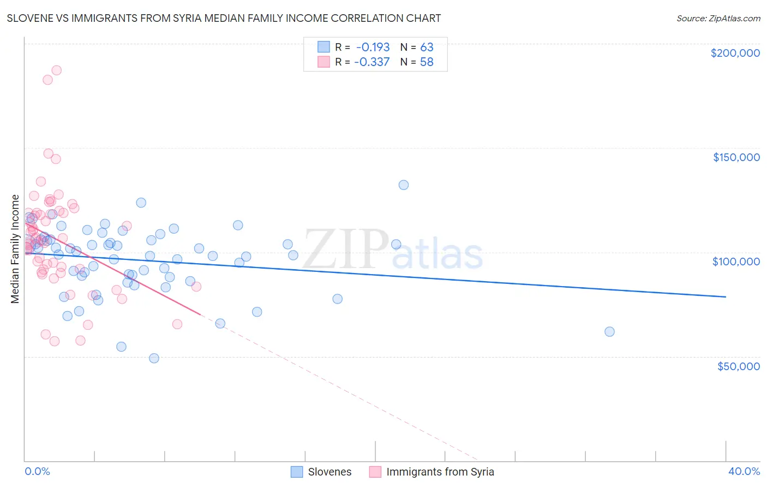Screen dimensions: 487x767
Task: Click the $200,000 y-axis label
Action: [735, 53]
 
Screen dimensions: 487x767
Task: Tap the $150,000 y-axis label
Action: [736, 157]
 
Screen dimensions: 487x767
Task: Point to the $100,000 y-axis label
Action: [736, 262]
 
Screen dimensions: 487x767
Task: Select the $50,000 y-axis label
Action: [738, 366]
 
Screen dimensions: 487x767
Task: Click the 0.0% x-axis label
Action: [37, 471]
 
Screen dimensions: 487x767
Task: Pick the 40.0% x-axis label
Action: [744, 471]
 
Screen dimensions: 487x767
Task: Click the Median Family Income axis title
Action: [15, 248]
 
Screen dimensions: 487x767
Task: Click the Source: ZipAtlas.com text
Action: [718, 18]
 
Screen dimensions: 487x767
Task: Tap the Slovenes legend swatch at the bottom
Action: [297, 472]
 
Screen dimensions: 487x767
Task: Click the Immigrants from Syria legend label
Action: [440, 472]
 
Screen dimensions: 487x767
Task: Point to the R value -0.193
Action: [373, 47]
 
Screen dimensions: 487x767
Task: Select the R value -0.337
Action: [371, 62]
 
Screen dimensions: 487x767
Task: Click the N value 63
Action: [427, 47]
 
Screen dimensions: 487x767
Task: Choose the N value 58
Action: [427, 62]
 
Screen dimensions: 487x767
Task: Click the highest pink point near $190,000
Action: [56, 70]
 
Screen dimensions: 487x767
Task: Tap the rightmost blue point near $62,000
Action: [609, 331]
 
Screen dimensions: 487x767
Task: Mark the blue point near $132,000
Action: [403, 185]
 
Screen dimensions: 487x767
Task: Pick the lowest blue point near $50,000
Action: [154, 358]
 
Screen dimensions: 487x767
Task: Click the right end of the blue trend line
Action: [725, 296]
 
